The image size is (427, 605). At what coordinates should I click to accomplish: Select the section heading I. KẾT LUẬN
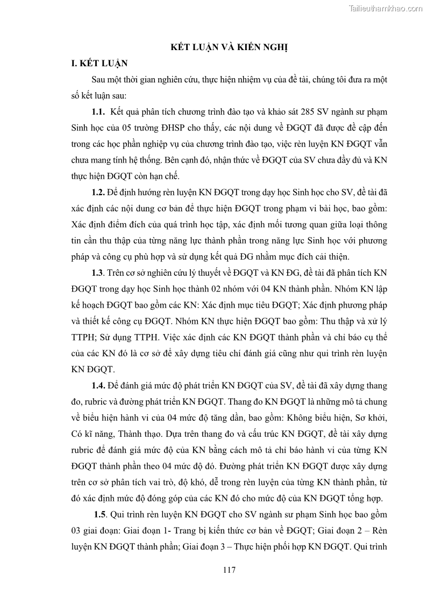coord(99,63)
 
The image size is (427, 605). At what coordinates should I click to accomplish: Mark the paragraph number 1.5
coord(99,514)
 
